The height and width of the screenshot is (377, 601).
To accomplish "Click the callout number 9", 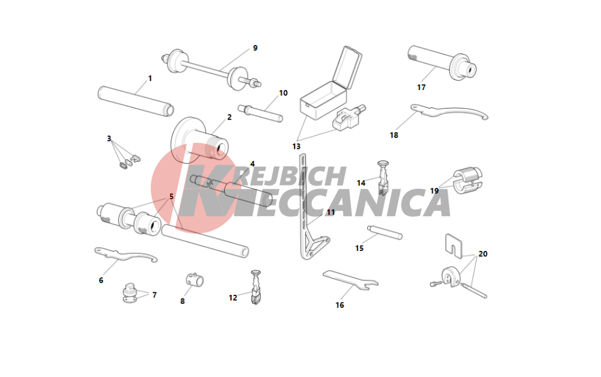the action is point(255,48).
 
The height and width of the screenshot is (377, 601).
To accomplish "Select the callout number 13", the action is point(296,146).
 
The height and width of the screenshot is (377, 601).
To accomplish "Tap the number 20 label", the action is point(483,254).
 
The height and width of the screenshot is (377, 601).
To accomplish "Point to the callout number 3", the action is point(109,139).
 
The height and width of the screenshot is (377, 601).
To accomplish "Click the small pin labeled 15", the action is point(385,232).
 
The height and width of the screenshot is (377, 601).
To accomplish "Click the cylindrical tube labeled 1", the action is point(136,101).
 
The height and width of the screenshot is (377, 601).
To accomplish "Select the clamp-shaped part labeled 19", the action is point(468,180).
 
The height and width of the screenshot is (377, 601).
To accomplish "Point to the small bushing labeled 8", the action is point(195,280).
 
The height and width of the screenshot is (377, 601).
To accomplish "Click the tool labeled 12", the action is point(255,287).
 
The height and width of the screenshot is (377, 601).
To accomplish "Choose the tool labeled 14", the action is point(383,178).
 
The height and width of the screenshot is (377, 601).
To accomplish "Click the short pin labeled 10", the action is point(260,113).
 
